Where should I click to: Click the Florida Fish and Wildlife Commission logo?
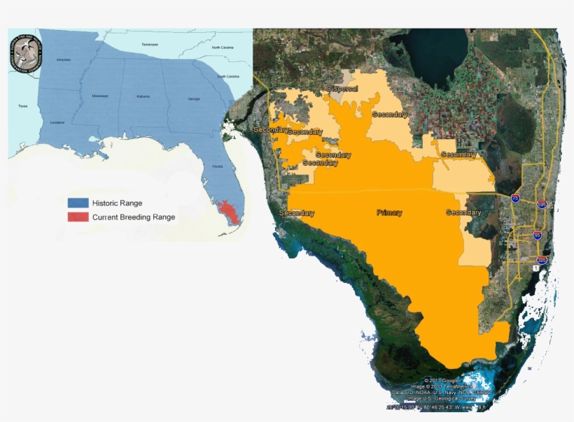[25, 54]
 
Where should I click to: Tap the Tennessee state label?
[150, 44]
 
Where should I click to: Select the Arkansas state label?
[64, 60]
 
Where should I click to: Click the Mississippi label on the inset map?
[100, 96]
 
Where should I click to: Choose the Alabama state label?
[143, 96]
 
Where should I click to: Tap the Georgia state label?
[194, 99]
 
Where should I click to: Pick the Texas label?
[22, 106]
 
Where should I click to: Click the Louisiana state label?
[57, 122]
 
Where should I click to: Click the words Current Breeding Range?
[134, 217]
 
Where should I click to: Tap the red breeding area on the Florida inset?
[227, 210]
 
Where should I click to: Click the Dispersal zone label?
[342, 89]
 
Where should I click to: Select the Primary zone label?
[389, 212]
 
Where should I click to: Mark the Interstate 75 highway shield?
[515, 198]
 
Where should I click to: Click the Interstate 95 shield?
[537, 235]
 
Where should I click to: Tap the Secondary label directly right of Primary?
[463, 212]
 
